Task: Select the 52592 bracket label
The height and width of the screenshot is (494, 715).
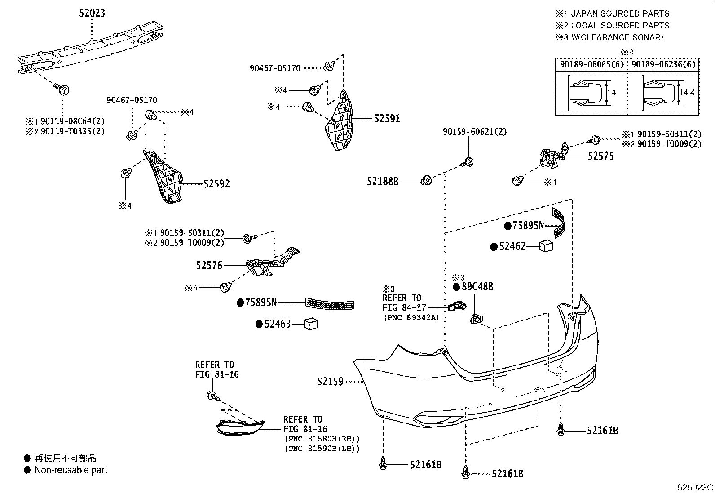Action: coord(216,184)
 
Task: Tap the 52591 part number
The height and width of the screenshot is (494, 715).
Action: coord(387,119)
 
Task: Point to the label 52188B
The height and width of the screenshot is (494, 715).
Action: coord(383,182)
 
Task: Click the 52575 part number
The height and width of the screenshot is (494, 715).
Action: coord(601,156)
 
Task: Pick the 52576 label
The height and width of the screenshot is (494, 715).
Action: coord(209,266)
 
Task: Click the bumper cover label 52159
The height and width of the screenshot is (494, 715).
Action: coord(330,382)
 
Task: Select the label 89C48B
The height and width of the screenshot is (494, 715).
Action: coord(477,287)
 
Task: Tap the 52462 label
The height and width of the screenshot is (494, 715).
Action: coord(512,247)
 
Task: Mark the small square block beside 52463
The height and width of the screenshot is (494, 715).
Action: coord(311,324)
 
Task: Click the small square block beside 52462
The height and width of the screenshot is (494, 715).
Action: coord(546,245)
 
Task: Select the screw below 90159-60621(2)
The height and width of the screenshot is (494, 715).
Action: coord(468,162)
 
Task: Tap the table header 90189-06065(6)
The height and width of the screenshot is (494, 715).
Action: coord(592,64)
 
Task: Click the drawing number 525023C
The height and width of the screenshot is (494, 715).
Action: coord(695,487)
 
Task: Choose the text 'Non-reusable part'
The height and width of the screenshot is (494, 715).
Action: coord(71,470)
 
